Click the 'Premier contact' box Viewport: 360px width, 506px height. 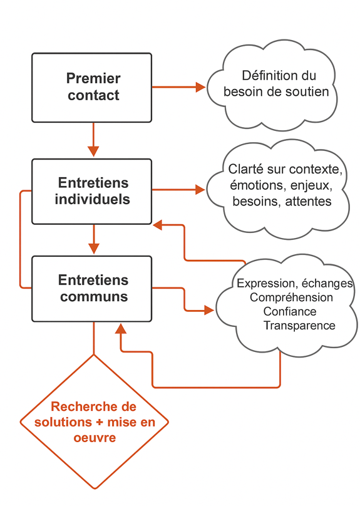(x=92, y=88)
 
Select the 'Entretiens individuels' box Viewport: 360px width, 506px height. (x=92, y=192)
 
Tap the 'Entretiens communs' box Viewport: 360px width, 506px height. (x=92, y=289)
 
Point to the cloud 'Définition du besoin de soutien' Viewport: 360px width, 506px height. (x=272, y=86)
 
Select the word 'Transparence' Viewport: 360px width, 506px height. (x=299, y=325)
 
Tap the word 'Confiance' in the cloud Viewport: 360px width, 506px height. (x=290, y=311)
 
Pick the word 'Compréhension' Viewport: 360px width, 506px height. (x=291, y=297)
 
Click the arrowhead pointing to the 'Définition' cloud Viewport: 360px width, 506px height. (x=200, y=87)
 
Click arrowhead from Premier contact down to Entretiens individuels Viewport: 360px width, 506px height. (x=93, y=152)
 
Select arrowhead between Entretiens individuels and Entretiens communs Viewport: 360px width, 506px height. (x=94, y=249)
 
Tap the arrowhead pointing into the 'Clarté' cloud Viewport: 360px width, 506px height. (x=200, y=189)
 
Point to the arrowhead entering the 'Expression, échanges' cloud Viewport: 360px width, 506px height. (x=209, y=311)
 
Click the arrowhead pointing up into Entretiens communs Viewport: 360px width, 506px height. (x=121, y=329)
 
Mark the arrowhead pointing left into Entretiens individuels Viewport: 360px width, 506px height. (x=157, y=225)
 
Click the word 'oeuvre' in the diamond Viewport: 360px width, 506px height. (x=95, y=438)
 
